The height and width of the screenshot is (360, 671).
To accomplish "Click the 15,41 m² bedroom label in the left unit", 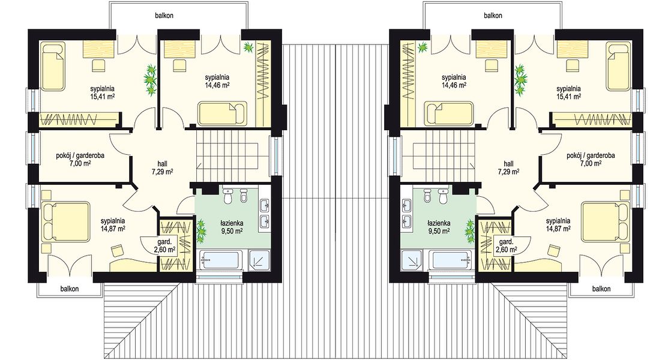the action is pyautogui.click(x=102, y=93).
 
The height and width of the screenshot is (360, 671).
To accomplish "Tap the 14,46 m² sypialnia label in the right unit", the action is pyautogui.click(x=454, y=81).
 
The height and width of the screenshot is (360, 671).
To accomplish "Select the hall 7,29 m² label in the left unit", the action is pyautogui.click(x=162, y=167).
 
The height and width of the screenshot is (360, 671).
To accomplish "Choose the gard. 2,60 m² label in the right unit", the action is pyautogui.click(x=506, y=245).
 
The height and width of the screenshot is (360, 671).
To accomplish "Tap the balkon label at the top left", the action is pyautogui.click(x=164, y=16).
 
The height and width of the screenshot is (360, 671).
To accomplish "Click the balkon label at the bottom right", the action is pyautogui.click(x=601, y=289).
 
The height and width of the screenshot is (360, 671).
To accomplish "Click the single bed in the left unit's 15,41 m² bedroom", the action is pyautogui.click(x=53, y=66).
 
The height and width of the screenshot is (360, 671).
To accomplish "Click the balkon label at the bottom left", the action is pyautogui.click(x=70, y=289).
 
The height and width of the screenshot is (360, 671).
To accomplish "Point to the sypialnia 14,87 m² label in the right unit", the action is pyautogui.click(x=558, y=225).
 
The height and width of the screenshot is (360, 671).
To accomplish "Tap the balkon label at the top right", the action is pyautogui.click(x=493, y=16).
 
